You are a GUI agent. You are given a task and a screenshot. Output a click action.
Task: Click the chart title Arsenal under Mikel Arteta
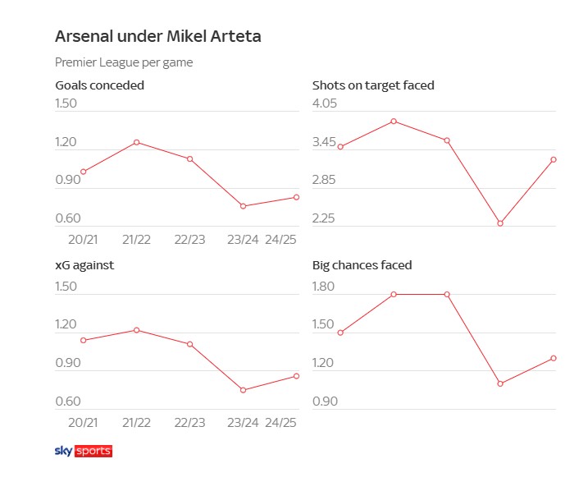[x=158, y=37]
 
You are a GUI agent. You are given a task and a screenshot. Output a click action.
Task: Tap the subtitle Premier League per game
[x=123, y=62]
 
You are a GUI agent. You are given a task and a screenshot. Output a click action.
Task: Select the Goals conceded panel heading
[x=99, y=85]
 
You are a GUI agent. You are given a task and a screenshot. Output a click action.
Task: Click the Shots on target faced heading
[x=373, y=85]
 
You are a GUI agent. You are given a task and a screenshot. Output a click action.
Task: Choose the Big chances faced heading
[x=362, y=265]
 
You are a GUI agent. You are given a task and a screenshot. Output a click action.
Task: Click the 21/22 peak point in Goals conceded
[x=136, y=142]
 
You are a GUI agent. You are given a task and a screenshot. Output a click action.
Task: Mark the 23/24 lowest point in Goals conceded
[x=243, y=206]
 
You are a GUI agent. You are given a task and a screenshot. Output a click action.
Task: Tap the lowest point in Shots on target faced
[x=500, y=223]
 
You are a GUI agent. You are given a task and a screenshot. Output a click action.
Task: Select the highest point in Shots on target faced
[x=394, y=121]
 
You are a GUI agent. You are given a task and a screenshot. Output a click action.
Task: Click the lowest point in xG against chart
[x=243, y=390]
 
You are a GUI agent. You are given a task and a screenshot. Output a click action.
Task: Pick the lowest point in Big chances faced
[x=500, y=383]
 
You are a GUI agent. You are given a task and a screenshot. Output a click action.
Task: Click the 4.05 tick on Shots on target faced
[x=325, y=103]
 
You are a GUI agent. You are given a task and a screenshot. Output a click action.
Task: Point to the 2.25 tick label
[x=325, y=218]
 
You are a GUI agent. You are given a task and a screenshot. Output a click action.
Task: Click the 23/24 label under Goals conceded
[x=244, y=240]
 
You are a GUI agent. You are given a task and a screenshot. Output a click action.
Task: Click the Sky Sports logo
[x=83, y=451]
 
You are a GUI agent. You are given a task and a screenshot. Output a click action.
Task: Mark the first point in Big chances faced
[x=340, y=333]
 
